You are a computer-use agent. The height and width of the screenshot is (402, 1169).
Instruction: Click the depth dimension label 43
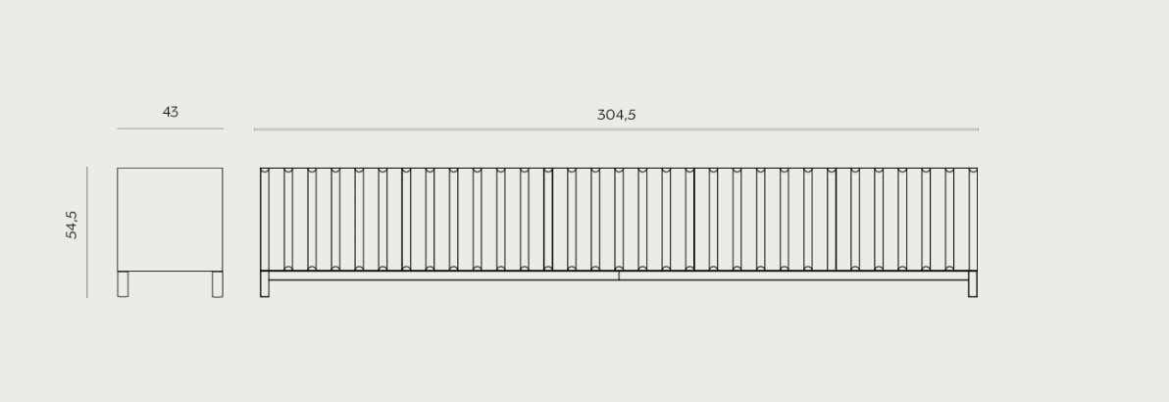pos(170,112)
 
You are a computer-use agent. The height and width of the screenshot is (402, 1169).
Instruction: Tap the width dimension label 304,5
pos(616,115)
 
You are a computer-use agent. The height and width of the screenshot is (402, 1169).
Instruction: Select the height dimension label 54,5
pos(72,225)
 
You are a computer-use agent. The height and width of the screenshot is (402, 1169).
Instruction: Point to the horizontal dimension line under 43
pos(170,128)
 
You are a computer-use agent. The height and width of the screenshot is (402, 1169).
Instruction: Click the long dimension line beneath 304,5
pos(616,129)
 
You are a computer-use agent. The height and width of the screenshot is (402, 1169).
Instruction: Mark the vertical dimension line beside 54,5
pos(87,232)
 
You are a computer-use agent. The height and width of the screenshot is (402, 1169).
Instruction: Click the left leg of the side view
pos(123,284)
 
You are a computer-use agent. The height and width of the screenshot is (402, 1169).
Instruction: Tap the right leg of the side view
pos(218,284)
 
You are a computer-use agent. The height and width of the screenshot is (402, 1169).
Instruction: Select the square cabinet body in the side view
pos(170,220)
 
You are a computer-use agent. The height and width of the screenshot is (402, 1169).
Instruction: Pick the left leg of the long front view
pos(265,284)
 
